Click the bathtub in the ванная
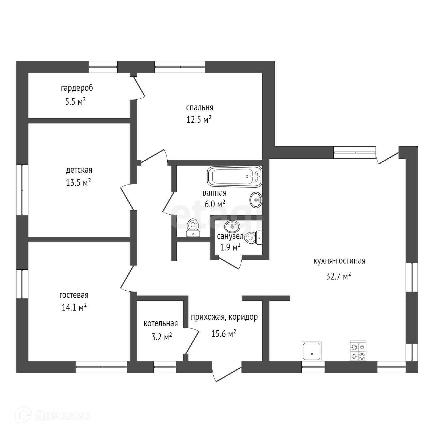[x=234, y=176]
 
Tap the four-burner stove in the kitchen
[x=358, y=351]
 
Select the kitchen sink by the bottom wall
[x=312, y=351]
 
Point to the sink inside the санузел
[x=232, y=226]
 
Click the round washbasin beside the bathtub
[x=256, y=200]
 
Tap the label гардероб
[x=77, y=88]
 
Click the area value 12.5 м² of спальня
[x=199, y=120]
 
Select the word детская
[x=79, y=170]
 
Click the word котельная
[x=161, y=324]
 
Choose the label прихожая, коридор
[x=224, y=317]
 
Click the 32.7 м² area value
[x=338, y=277]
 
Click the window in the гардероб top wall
[x=103, y=67]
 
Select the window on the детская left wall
[x=22, y=189]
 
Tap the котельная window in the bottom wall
[x=165, y=367]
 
